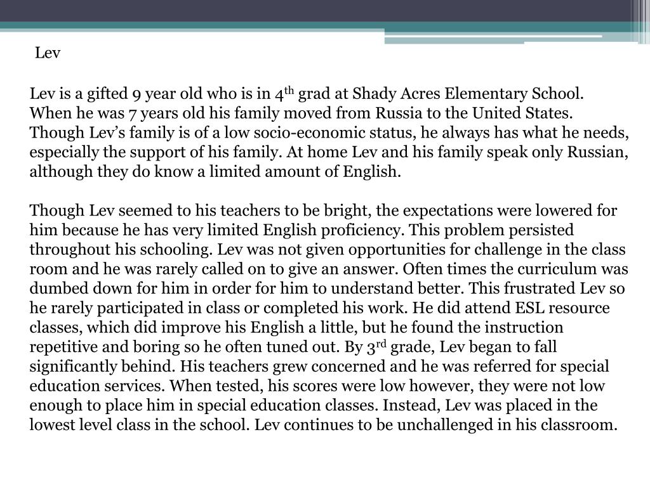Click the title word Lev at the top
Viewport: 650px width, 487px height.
pyautogui.click(x=48, y=53)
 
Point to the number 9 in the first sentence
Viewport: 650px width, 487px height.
pyautogui.click(x=136, y=95)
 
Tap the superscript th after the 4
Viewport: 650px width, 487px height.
pyautogui.click(x=289, y=91)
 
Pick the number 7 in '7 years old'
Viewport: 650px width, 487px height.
pyautogui.click(x=131, y=114)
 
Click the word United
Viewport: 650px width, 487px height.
pyautogui.click(x=500, y=114)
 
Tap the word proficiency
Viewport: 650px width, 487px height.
pyautogui.click(x=380, y=230)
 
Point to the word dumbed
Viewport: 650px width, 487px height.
pyautogui.click(x=56, y=289)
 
